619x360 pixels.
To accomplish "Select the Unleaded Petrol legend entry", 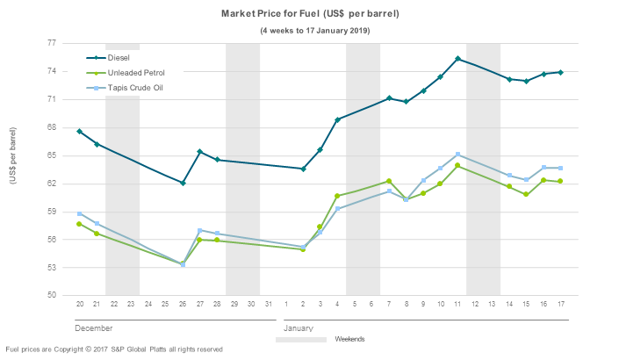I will click(135, 73).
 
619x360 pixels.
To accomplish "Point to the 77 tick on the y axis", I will click(52, 43).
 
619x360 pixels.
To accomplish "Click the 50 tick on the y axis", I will click(52, 296).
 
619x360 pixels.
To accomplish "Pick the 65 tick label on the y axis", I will click(52, 155).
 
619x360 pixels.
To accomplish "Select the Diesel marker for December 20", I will click(79, 131).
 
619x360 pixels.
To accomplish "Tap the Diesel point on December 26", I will click(183, 183).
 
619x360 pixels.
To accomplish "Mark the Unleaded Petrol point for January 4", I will click(337, 196).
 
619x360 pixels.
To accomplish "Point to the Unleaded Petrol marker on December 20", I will click(79, 224).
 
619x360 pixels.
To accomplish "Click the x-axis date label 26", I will click(183, 304).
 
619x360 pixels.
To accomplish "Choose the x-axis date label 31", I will click(269, 304).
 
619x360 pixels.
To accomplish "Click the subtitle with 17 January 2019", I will click(314, 31).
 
